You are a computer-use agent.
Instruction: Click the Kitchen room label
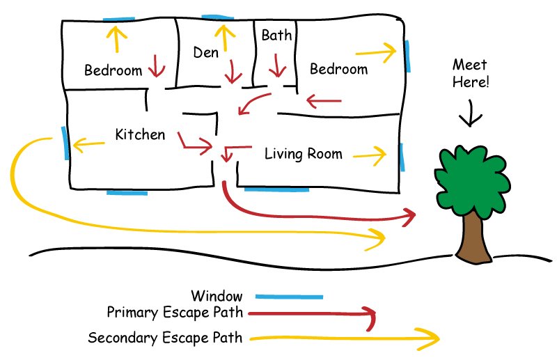coord(140,134)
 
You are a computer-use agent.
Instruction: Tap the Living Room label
coord(304,154)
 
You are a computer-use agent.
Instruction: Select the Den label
coord(205,52)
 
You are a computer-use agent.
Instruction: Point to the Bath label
coord(277,35)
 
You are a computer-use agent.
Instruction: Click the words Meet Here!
coord(471,73)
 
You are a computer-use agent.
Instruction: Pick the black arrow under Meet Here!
coord(471,112)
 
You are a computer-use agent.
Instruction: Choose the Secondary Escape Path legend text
coord(165,338)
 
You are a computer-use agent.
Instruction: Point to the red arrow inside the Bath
coord(278,66)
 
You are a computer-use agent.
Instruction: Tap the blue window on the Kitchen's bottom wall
coord(127,191)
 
